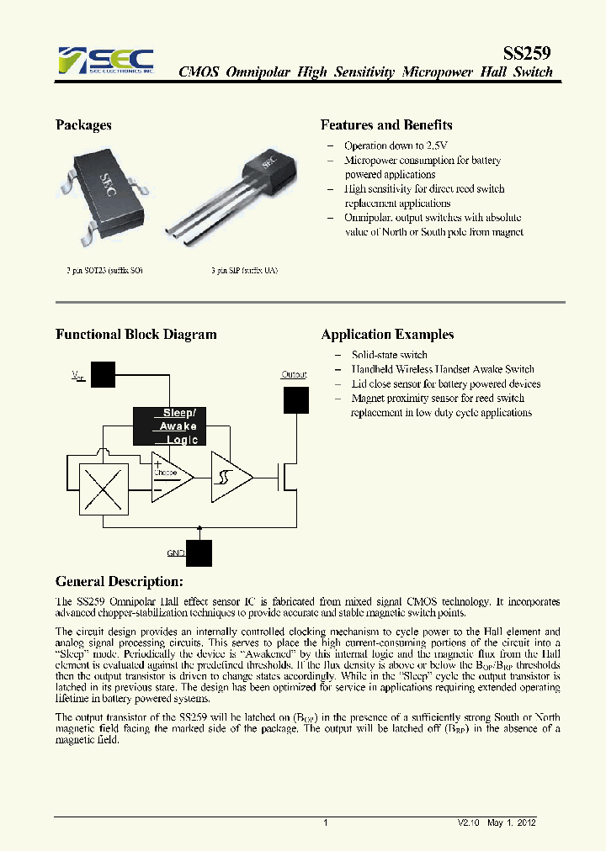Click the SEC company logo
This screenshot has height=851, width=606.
tap(106, 61)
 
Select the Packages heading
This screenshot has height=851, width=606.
tap(83, 125)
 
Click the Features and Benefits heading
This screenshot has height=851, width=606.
tap(386, 125)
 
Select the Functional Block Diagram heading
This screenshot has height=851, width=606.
tap(136, 335)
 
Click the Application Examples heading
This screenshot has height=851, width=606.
tap(387, 335)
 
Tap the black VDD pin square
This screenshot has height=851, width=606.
tap(103, 374)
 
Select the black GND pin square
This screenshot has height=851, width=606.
tap(199, 553)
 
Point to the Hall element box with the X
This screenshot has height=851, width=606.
tap(103, 489)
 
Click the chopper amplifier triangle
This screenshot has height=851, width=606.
tap(171, 477)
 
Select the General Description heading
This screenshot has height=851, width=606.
tap(119, 582)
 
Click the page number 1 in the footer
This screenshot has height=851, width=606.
tap(325, 823)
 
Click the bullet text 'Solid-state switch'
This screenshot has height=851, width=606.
tap(390, 355)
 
